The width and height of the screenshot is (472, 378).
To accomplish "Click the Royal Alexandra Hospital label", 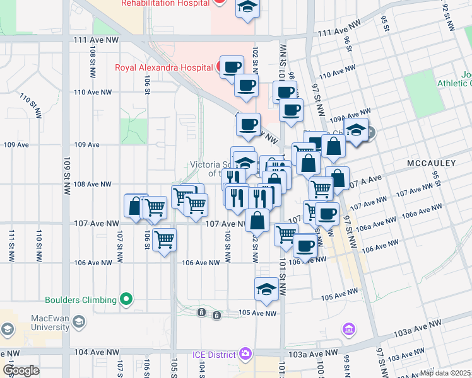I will coord(164,67).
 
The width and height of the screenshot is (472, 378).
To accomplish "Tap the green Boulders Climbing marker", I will coord(126,300).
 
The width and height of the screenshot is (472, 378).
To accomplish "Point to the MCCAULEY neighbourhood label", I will coord(431,163).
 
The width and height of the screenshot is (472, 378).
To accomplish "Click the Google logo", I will coord(21,370).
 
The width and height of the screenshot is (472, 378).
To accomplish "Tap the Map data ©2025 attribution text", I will coord(445,373).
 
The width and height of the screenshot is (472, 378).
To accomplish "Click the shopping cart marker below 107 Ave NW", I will coord(164,239).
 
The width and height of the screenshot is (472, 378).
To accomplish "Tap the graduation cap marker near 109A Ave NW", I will coord(357,130).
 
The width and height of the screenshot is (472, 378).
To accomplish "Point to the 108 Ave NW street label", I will coord(93,184).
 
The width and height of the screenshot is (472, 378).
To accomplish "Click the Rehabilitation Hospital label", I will coord(164,3).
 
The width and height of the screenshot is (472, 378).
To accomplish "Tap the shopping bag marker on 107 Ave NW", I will coord(257,221).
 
